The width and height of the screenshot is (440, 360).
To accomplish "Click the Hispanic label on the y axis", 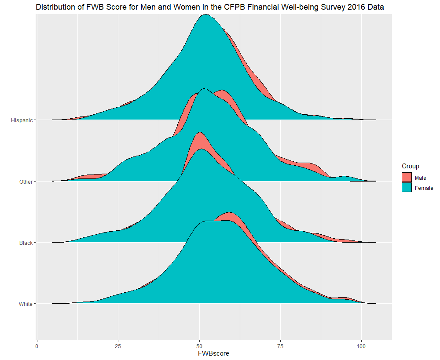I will tap(22, 120).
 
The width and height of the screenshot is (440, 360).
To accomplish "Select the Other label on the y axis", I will tap(26, 182).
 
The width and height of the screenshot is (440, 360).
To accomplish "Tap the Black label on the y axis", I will tap(26, 243).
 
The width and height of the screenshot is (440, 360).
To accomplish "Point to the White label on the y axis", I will tap(26, 304).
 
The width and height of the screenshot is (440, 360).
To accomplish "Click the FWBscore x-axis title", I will tap(214, 353).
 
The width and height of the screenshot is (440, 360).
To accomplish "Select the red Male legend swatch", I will tap(407, 178).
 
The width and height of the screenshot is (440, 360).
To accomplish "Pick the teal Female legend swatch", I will tap(407, 188).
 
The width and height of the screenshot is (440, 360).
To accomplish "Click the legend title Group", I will tap(410, 166).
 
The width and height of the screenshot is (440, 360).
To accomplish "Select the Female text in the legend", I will tap(424, 188).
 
